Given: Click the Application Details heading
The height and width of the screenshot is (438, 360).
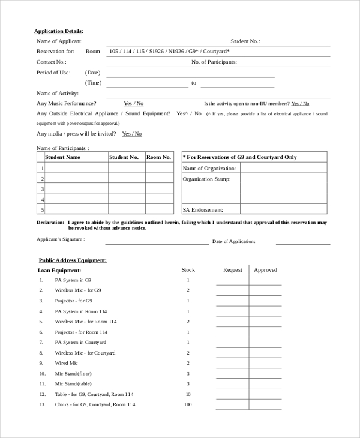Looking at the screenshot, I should coord(59,31).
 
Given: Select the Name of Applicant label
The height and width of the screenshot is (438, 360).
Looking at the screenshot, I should coord(59,41).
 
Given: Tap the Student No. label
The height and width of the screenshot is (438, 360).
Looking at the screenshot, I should coord(245,41).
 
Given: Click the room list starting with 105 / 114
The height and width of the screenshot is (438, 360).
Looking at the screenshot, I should coord(169,52).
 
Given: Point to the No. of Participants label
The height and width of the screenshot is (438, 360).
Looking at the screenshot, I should coord(214,62).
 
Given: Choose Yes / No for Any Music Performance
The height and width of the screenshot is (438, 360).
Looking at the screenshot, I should coord(133,103).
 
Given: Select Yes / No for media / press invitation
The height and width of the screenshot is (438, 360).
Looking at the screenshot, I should coord(131,134).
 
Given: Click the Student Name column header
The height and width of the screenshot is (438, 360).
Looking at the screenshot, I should coord(62,157).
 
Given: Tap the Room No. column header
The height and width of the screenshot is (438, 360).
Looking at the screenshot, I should coord(158,157).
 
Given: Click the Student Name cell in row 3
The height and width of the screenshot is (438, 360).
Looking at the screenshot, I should coord(76,188).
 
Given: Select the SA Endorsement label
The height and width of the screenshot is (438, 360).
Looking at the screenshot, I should coord(203,210).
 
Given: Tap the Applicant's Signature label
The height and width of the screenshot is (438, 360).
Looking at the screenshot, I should coord(61,239).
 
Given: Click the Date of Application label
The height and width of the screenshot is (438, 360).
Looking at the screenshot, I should coord(233,241).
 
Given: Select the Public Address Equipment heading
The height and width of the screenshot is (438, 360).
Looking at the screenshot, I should coord(73,260).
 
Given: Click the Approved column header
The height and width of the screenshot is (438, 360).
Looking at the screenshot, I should coord(265,270).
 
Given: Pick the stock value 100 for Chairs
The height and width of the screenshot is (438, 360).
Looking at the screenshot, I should coord(188,404).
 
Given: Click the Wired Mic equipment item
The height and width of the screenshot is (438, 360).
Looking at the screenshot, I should coord(66,363).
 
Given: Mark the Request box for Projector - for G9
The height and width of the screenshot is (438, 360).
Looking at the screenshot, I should coord(232,301).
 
